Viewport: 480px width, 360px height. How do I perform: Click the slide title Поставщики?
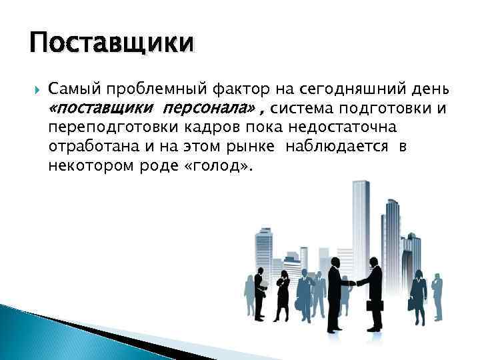(x=112, y=44)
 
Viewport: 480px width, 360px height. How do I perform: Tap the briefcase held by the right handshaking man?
(x=370, y=306)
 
